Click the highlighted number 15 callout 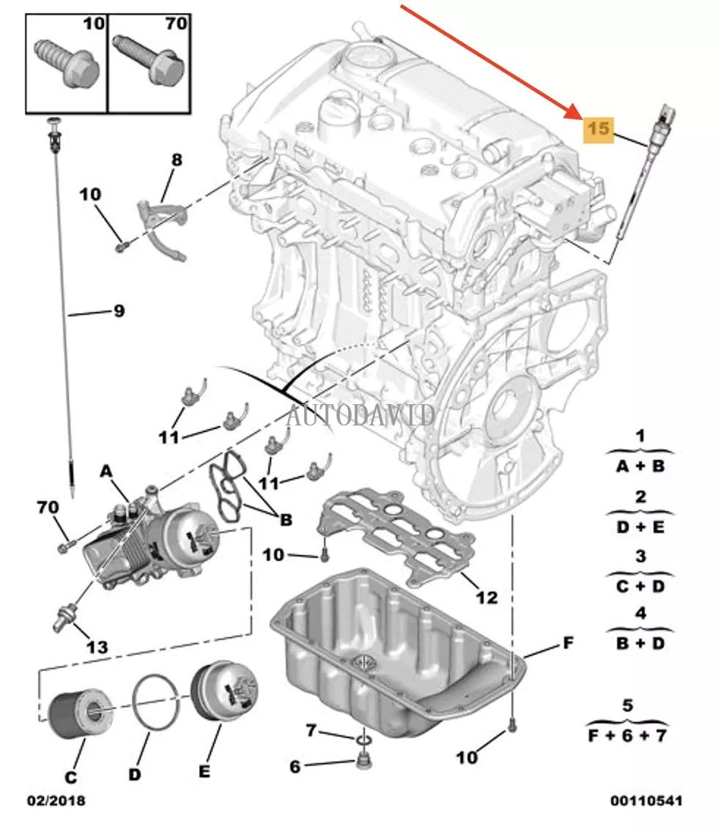tap(597, 129)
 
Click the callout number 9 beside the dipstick tap(118, 312)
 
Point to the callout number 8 tap(177, 159)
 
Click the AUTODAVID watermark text tap(360, 415)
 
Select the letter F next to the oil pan tap(568, 644)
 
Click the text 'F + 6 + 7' tap(627, 735)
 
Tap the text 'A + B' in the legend tap(640, 466)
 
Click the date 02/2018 tap(57, 801)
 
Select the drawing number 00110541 tap(647, 801)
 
